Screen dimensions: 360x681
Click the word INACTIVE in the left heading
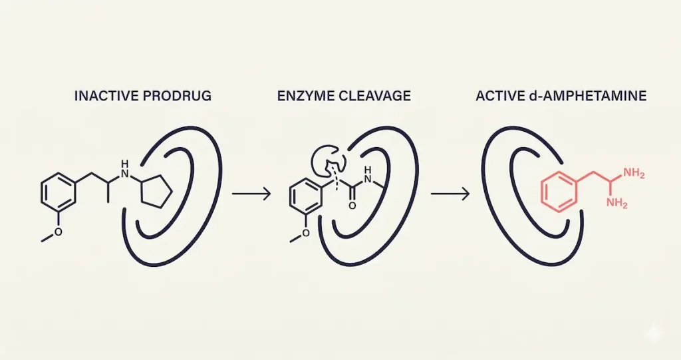(x=101, y=96)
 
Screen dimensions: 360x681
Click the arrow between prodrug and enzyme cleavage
(x=251, y=194)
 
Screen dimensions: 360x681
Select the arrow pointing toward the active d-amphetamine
(x=451, y=194)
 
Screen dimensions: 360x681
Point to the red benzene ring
(x=557, y=191)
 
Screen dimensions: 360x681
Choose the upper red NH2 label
(x=635, y=174)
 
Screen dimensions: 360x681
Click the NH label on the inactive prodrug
(x=122, y=165)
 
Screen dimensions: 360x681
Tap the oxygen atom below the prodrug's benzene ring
(x=58, y=232)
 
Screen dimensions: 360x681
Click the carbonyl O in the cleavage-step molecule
(x=351, y=206)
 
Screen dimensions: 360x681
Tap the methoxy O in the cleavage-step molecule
(x=306, y=233)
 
